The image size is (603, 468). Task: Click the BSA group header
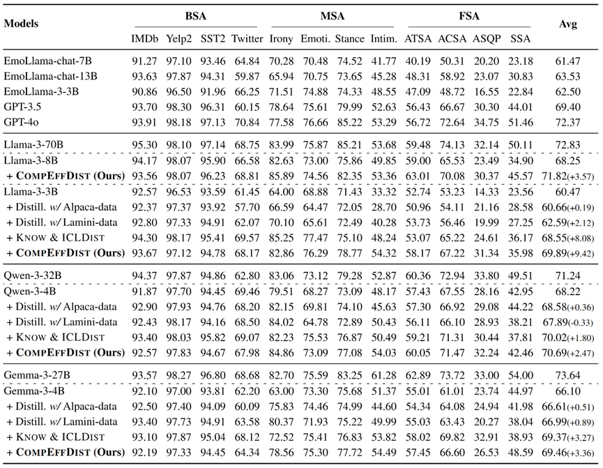pyautogui.click(x=196, y=16)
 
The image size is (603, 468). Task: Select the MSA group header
pyautogui.click(x=333, y=16)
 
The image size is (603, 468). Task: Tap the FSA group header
pyautogui.click(x=469, y=16)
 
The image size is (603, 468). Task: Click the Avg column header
pyautogui.click(x=567, y=24)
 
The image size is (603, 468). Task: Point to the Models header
pyautogui.click(x=21, y=24)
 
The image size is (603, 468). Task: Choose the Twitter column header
pyautogui.click(x=247, y=39)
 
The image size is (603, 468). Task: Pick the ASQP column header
pyautogui.click(x=487, y=39)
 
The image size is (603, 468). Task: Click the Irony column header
pyautogui.click(x=281, y=39)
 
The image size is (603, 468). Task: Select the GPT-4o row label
pyautogui.click(x=21, y=122)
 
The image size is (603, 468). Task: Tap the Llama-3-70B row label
pyautogui.click(x=33, y=145)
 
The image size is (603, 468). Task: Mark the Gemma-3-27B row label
pyautogui.click(x=37, y=375)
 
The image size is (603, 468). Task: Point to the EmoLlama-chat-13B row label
pyautogui.click(x=50, y=76)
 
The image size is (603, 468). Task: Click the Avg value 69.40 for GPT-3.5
pyautogui.click(x=567, y=107)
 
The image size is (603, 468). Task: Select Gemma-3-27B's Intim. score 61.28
pyautogui.click(x=383, y=375)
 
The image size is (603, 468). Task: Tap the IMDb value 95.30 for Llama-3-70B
pyautogui.click(x=144, y=145)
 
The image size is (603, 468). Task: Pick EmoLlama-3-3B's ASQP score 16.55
pyautogui.click(x=487, y=91)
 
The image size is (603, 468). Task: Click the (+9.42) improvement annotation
pyautogui.click(x=581, y=254)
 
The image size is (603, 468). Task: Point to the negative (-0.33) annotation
pyautogui.click(x=581, y=323)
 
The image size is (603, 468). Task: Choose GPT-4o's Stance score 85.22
pyautogui.click(x=349, y=122)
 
